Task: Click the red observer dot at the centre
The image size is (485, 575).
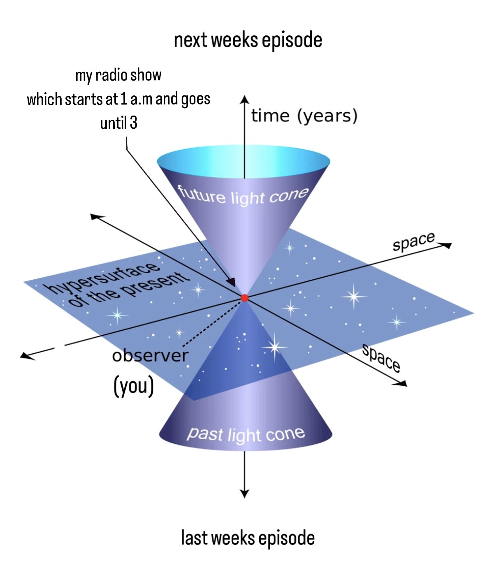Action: (x=244, y=298)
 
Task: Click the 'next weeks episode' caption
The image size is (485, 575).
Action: (x=248, y=40)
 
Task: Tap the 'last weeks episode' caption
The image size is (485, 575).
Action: (x=248, y=538)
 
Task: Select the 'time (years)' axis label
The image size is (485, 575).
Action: (x=304, y=116)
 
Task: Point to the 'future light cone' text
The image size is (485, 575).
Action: (x=243, y=196)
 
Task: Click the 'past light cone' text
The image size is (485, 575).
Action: (x=246, y=434)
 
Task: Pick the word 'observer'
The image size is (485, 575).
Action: (x=150, y=355)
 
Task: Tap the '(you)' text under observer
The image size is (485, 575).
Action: (x=133, y=386)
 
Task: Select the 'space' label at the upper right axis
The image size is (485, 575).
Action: (x=413, y=241)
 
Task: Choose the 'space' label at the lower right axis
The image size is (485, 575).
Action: (x=381, y=358)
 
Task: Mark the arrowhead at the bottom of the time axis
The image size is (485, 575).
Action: (x=244, y=494)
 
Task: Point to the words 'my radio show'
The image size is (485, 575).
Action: (x=118, y=75)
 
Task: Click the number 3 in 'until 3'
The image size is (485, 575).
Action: (x=133, y=123)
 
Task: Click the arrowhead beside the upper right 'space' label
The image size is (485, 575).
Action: (x=447, y=246)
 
